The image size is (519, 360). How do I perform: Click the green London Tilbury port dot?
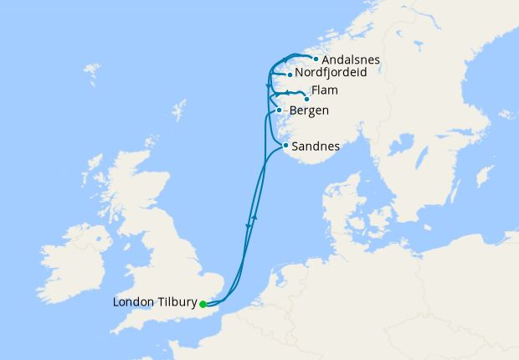pos(203,305)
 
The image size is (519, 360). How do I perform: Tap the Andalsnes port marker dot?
pos(316,59)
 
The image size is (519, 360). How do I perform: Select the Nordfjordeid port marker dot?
pos(289,75)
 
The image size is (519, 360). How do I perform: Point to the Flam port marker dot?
pos(306,99)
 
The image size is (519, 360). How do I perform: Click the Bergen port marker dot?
pos(279,110)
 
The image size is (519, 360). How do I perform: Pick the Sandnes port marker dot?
pos(285,147)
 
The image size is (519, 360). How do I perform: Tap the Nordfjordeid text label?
pos(331,75)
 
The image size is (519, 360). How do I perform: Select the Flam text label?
pos(324,91)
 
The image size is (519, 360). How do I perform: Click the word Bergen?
pos(307,111)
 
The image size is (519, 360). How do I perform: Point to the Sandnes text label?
pos(316,147)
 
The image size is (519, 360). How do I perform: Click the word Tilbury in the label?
pos(174,302)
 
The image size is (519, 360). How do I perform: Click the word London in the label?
pos(131,302)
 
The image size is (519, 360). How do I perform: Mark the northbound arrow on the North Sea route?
pos(254,217)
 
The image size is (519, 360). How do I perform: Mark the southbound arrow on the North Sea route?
pos(248,226)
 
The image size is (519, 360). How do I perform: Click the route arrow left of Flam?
pos(287,93)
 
